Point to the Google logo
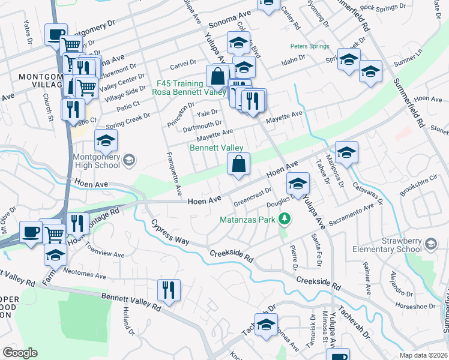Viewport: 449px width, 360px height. point(20,353)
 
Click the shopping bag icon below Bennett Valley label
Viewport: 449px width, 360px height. point(238,164)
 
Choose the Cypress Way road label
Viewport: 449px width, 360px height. point(170,232)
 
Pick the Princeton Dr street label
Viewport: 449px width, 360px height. point(178,112)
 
